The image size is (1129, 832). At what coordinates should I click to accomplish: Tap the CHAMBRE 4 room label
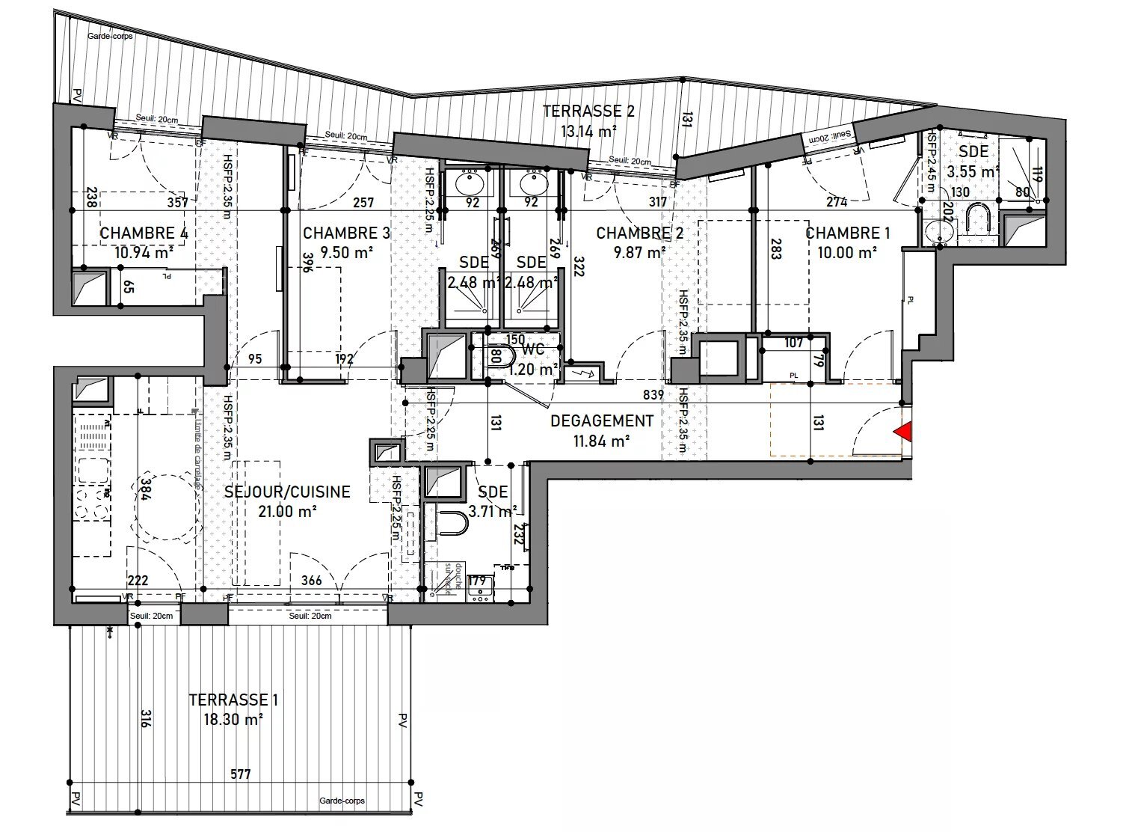pos(144,233)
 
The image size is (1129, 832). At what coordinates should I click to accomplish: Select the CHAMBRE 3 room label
pos(346,233)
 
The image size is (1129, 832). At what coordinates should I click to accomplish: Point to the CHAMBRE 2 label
pos(639,233)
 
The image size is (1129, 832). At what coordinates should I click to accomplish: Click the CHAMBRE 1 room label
pos(847,233)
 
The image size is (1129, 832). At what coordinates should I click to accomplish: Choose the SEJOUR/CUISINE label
pos(288,492)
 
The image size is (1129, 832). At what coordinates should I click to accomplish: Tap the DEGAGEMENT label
pos(602,421)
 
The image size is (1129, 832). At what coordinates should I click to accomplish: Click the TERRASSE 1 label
pos(233,700)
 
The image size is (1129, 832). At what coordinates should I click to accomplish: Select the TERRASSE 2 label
pos(588,111)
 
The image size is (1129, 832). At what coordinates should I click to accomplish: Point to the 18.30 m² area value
pos(233,720)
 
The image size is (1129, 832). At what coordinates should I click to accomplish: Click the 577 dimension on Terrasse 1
pos(239,775)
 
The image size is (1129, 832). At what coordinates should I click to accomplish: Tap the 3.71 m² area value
pos(493,512)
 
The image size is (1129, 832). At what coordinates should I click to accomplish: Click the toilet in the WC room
pos(499,355)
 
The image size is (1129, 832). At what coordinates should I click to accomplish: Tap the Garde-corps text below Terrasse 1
pos(342,801)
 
